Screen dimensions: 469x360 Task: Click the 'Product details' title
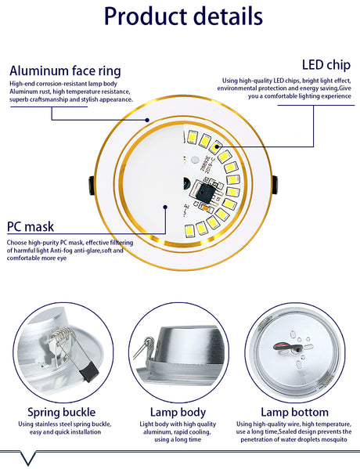[x=182, y=16]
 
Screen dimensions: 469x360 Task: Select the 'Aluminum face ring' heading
[x=65, y=70]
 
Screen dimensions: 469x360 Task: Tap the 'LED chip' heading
[x=325, y=64]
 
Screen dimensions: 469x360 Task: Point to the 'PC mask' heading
[x=31, y=227]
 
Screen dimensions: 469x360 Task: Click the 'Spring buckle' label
[x=62, y=412]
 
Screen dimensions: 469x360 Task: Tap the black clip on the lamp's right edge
[x=274, y=185]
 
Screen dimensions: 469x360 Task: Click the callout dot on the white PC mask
[x=166, y=207]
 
